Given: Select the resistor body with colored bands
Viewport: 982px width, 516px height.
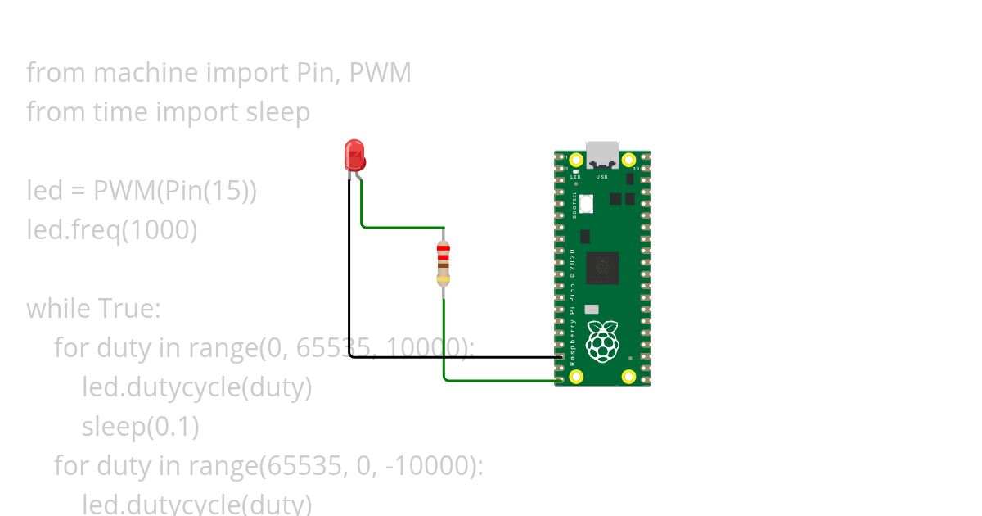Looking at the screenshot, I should coord(444,263).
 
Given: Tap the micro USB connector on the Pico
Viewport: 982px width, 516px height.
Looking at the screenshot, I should coord(602,153).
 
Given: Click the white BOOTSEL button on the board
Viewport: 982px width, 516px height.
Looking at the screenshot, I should coord(587,203).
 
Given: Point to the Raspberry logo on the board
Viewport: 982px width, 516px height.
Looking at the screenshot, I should coord(603,342).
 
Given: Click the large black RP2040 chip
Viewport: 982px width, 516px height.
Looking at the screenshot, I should coord(602,268).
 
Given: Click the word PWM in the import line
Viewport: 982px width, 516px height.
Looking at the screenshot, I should coord(380,73).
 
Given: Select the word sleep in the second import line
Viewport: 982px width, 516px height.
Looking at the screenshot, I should coord(278,112).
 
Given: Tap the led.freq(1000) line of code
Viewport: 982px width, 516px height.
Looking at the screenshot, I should coord(112,230).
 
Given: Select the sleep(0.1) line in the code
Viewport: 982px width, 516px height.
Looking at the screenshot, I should coord(140,427).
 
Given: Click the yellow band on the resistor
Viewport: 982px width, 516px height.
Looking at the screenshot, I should coord(444,279).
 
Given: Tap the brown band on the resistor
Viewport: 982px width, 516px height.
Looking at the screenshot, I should coord(444,265).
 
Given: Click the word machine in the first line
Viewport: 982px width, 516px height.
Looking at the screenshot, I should coord(145,73).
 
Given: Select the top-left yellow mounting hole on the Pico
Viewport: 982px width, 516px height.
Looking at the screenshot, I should coord(576,160).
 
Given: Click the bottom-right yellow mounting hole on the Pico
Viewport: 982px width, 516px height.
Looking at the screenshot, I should coord(628,377).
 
